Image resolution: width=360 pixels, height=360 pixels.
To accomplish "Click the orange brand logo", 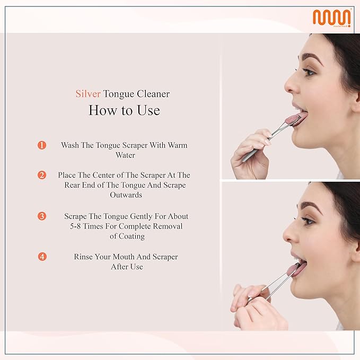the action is click(x=332, y=17).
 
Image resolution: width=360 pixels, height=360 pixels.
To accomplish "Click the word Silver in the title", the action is click(x=88, y=94).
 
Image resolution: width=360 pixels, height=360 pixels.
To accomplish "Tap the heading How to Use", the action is click(x=124, y=110).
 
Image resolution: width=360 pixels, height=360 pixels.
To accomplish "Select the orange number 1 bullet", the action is click(x=42, y=145).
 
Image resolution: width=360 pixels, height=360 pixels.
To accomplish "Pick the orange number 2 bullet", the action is click(x=42, y=175).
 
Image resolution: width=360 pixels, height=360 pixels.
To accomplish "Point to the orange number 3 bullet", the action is click(x=42, y=216).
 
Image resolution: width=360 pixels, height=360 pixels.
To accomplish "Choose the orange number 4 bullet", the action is click(x=42, y=257).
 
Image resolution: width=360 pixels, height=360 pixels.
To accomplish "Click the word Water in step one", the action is click(x=125, y=155).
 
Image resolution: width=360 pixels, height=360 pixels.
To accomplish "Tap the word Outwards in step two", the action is click(x=126, y=195).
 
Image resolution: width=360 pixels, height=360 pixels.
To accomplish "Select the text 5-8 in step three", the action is click(x=75, y=226).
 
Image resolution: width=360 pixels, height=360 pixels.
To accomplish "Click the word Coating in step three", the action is click(x=131, y=236).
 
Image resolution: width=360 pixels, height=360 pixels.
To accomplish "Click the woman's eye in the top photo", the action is click(x=309, y=72).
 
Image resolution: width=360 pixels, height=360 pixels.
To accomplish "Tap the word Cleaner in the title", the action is click(x=153, y=94).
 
